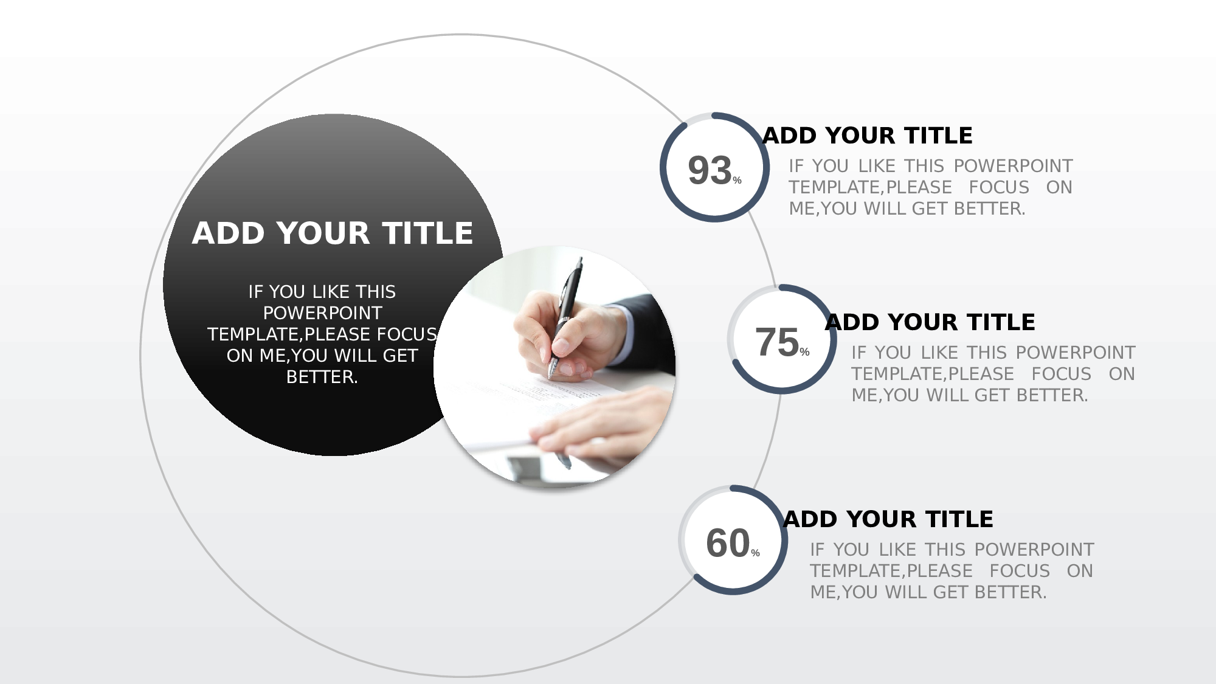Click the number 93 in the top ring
[710, 170]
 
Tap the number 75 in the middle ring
[777, 342]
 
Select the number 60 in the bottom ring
[728, 543]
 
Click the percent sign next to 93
[737, 181]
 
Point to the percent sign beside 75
[804, 352]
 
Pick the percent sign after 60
[755, 553]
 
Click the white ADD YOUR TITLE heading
[333, 233]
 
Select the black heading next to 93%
[868, 136]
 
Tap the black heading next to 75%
[930, 322]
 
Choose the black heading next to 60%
[888, 519]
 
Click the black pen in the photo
[565, 316]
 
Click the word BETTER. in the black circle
[322, 377]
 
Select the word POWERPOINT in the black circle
[322, 313]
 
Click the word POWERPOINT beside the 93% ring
[1014, 166]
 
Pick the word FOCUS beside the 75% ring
[1062, 374]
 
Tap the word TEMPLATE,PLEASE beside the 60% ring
[891, 571]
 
